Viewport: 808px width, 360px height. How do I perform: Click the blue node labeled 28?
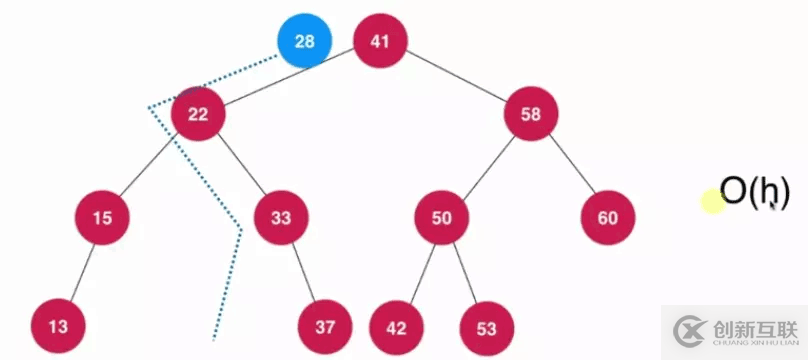pos(304,43)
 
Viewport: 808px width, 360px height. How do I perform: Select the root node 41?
pos(379,42)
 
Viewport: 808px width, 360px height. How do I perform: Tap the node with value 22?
pos(197,114)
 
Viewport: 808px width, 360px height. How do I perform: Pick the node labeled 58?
pos(530,114)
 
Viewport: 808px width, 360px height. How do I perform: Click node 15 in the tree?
pos(102,217)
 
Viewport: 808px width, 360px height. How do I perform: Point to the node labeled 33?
pos(279,217)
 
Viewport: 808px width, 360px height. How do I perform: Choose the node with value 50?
pos(442,217)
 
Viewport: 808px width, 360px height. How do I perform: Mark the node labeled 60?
pos(607,217)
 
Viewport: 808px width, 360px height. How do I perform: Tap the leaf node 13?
pos(57,326)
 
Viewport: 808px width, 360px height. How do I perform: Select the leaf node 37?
pos(325,326)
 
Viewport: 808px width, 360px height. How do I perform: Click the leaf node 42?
pos(396,326)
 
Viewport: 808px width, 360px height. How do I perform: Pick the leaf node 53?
pos(486,326)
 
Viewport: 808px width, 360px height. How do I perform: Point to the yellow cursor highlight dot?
pos(712,201)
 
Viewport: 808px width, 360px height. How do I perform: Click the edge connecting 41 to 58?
pos(455,78)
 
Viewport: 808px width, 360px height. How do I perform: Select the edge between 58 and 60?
pos(569,166)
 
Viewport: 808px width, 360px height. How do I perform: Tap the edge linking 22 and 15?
pos(150,165)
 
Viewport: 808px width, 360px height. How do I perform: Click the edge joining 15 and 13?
pos(80,271)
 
